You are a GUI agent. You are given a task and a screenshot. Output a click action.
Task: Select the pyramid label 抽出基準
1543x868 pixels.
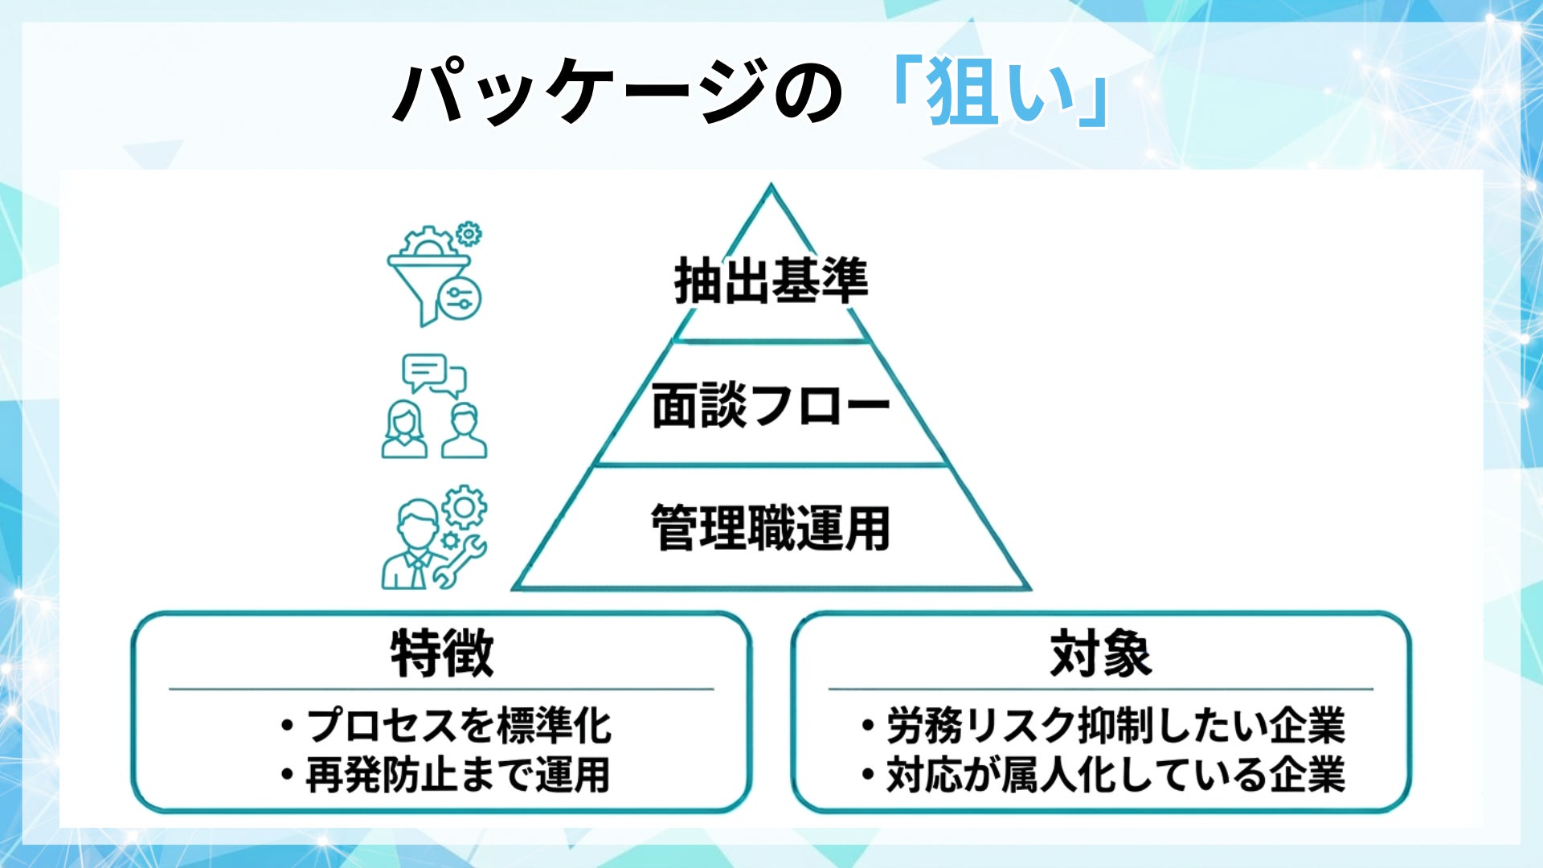click(771, 281)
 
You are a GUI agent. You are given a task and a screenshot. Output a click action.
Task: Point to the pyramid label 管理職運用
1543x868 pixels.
click(771, 528)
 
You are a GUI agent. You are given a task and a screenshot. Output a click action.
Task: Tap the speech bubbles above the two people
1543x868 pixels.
click(434, 375)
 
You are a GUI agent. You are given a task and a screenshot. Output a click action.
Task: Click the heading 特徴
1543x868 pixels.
click(441, 654)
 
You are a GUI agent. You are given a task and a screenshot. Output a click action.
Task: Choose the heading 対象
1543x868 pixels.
click(1100, 654)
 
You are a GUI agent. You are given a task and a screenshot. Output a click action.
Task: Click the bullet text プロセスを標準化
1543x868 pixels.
click(458, 725)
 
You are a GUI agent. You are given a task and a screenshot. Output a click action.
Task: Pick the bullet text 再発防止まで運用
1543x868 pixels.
click(458, 775)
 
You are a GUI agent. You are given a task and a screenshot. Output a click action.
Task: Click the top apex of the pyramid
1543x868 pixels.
click(771, 188)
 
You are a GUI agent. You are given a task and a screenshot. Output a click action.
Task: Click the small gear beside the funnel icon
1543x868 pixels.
click(469, 234)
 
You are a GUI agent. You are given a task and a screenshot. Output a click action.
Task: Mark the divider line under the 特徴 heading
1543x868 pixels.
click(441, 689)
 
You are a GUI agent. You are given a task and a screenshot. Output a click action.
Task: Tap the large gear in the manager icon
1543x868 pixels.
click(465, 507)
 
